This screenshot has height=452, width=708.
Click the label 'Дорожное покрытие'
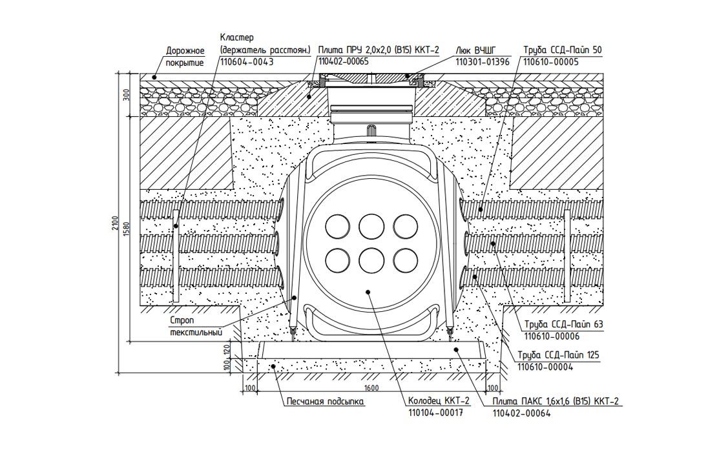(x=185, y=57)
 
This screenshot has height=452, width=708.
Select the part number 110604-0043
(x=247, y=63)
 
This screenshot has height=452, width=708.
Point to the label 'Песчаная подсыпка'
(x=326, y=401)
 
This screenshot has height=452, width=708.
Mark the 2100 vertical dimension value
(x=115, y=223)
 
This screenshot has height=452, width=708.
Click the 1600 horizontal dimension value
(x=371, y=387)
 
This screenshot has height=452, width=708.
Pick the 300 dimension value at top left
(x=127, y=96)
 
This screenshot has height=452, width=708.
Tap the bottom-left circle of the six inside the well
(x=337, y=260)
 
